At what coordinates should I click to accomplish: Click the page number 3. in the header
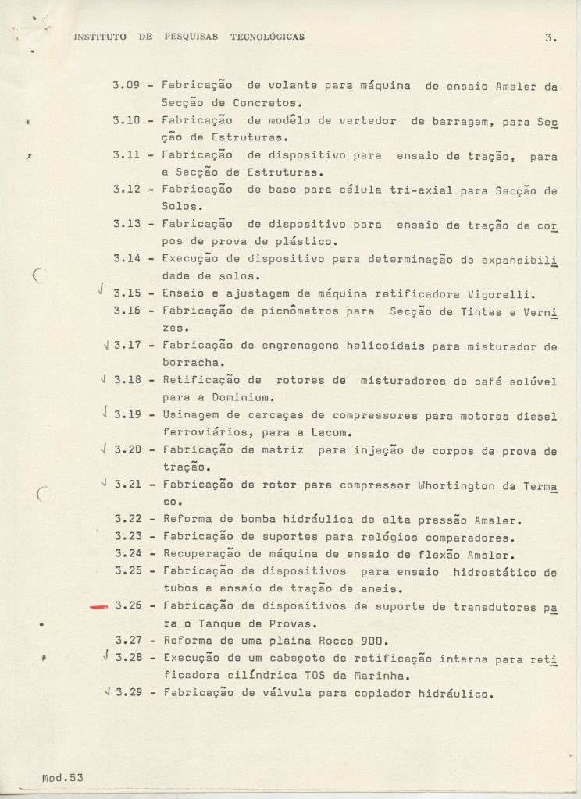(551, 37)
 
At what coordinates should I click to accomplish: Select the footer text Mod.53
(62, 777)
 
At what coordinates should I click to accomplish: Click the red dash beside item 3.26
(98, 605)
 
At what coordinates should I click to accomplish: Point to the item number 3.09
(127, 85)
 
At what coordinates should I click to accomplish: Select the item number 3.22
(128, 520)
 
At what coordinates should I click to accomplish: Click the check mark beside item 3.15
(102, 291)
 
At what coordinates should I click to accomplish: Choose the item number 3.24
(128, 554)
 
